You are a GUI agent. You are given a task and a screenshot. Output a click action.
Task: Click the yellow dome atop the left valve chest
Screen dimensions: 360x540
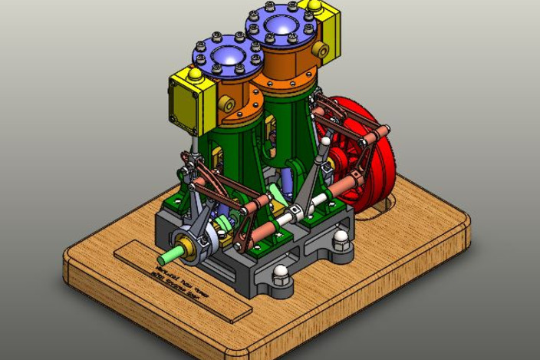195,74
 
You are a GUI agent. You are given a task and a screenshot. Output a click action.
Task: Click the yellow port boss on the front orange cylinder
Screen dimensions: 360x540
227,103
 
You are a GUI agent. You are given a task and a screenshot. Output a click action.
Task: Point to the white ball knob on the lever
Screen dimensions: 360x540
326,141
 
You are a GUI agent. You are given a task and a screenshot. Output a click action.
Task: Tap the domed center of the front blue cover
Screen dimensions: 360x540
228,55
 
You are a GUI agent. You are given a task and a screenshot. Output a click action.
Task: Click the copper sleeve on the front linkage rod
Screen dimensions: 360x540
258,230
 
